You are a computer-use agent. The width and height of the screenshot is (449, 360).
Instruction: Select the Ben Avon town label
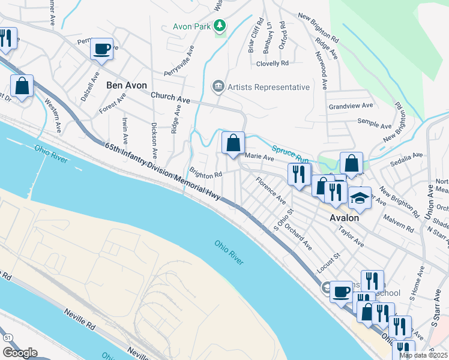click(126, 85)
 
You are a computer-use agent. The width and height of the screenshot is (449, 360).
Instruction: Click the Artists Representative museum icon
click(218, 87)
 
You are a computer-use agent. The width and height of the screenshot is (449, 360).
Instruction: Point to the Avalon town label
click(345, 218)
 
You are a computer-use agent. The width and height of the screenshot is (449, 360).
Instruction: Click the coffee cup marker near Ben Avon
click(102, 49)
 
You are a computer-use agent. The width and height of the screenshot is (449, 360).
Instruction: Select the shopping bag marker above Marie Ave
click(234, 143)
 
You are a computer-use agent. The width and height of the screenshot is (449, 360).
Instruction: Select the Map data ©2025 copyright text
click(423, 355)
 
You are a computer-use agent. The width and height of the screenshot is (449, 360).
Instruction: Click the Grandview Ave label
click(351, 106)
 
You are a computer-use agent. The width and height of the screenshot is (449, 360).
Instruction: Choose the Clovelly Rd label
click(273, 62)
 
